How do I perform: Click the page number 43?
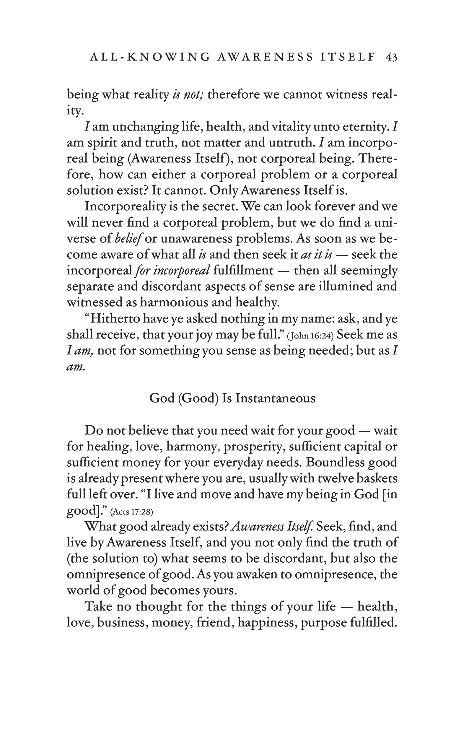pyautogui.click(x=391, y=57)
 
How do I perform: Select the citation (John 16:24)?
pyautogui.click(x=310, y=336)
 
